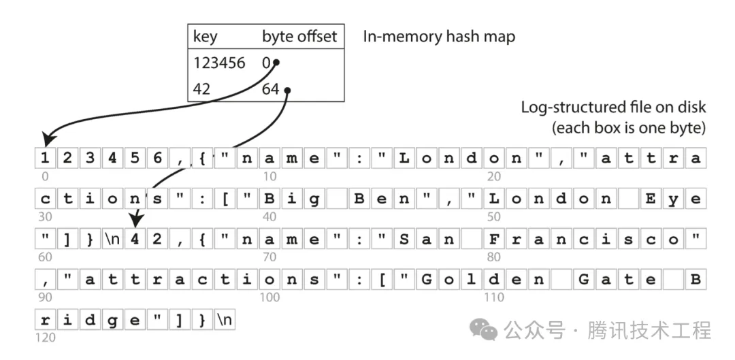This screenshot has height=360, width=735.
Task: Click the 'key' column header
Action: (206, 37)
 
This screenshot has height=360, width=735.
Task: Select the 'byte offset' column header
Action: (299, 37)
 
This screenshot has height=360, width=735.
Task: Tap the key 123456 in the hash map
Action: (219, 63)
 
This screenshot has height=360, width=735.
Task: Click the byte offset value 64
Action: (270, 89)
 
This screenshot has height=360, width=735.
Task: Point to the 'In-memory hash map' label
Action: (438, 37)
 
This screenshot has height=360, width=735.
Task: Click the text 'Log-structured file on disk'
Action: (612, 108)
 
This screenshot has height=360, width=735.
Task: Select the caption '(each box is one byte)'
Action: (627, 127)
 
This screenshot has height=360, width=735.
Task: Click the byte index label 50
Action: (493, 217)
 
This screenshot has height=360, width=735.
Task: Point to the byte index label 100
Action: (269, 297)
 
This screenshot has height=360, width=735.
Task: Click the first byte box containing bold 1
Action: (45, 159)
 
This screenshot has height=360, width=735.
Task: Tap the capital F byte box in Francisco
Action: (494, 239)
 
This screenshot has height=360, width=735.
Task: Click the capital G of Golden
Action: (427, 279)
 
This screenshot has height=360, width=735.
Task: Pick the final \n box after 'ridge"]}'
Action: (224, 319)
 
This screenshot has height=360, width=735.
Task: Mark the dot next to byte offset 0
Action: (278, 63)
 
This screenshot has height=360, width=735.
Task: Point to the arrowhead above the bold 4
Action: (135, 222)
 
